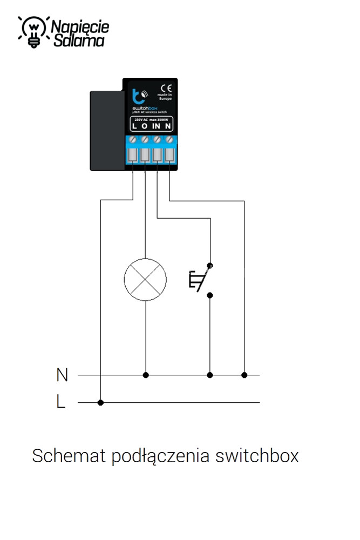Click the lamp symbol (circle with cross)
tap(145, 279)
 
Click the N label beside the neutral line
tap(62, 375)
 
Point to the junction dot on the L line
tap(100, 402)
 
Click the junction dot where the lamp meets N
tap(145, 375)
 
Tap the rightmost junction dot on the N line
tap(244, 375)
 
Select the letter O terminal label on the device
tap(144, 126)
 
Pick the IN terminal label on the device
tap(156, 126)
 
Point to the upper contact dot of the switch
tap(210, 266)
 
